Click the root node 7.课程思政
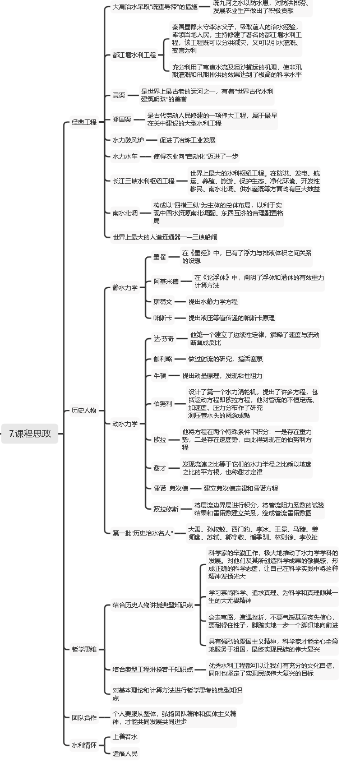[30, 433]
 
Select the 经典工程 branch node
[84, 122]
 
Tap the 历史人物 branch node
[84, 410]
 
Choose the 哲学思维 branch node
[84, 649]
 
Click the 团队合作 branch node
[84, 717]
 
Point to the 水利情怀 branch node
[84, 745]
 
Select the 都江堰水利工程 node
[134, 55]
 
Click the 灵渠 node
[119, 95]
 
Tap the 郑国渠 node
[122, 119]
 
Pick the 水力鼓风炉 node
[128, 140]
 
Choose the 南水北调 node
[125, 213]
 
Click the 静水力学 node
[125, 288]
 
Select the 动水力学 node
[125, 423]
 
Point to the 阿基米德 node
[166, 281]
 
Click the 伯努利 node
[163, 404]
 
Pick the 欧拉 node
[160, 439]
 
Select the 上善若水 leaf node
[124, 736]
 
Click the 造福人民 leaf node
[124, 754]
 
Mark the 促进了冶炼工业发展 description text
[187, 140]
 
